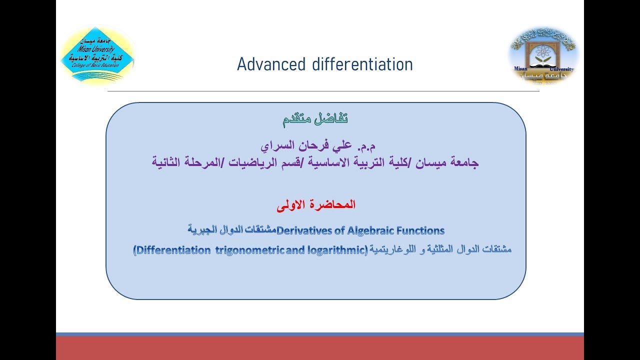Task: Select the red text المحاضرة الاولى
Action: tap(315, 204)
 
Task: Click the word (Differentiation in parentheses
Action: tap(172, 250)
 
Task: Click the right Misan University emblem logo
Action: tap(543, 55)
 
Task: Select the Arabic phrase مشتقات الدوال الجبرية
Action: tap(231, 230)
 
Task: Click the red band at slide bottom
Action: tap(319, 348)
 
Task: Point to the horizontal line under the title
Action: tap(323, 91)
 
